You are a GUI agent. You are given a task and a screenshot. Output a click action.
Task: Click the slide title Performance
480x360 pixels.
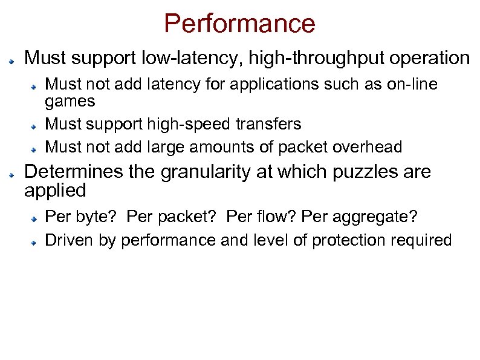click(239, 24)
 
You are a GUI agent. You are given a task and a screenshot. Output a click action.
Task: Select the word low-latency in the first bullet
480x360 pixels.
click(196, 59)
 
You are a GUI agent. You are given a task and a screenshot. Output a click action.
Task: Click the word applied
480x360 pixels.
click(55, 191)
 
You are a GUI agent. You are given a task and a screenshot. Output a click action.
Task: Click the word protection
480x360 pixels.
click(352, 240)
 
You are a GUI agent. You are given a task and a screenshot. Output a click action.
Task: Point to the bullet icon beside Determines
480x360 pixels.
click(11, 174)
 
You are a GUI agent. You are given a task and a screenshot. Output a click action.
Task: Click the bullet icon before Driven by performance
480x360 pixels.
click(36, 241)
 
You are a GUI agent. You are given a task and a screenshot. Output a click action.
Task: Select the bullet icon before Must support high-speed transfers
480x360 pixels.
click(36, 126)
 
